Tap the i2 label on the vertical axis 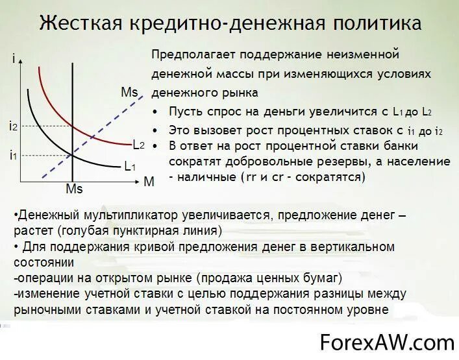coord(13,126)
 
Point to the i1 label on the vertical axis coord(13,155)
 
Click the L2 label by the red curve coord(138,144)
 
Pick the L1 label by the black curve coord(130,166)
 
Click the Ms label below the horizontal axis coord(75,189)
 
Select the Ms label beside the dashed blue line coord(129,92)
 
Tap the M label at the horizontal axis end coord(149,182)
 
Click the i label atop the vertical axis coord(14,60)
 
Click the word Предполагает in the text coord(192,54)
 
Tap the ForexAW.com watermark coord(387,342)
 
